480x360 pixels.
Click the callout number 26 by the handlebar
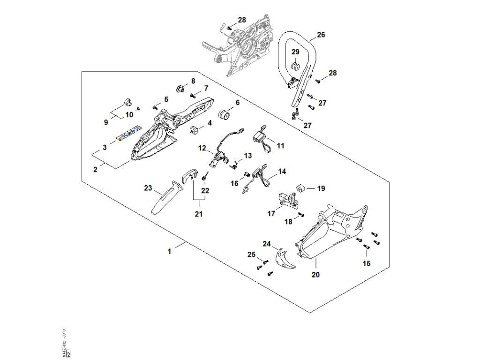321,35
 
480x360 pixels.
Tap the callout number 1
169,251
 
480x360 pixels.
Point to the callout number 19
321,189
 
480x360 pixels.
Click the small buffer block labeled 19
299,188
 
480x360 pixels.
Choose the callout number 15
367,263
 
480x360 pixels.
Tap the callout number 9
106,122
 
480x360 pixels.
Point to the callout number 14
282,172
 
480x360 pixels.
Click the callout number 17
271,213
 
